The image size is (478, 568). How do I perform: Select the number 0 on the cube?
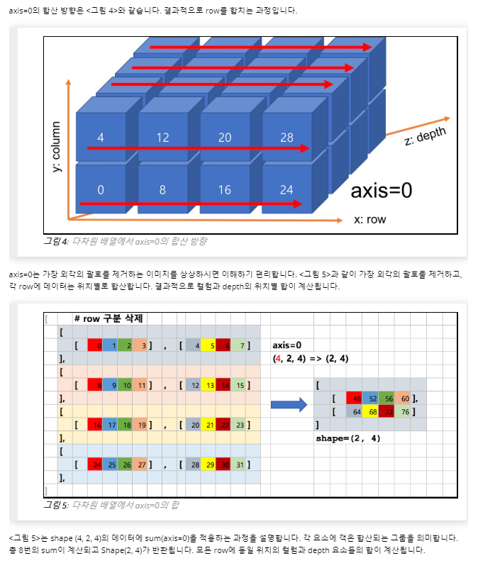click(100, 190)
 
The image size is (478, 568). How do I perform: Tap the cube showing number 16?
click(225, 190)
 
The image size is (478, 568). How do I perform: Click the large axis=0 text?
click(382, 190)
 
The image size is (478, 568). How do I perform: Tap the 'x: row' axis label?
click(369, 219)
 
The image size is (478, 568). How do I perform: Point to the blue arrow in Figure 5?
click(288, 405)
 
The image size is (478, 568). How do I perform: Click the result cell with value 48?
click(355, 399)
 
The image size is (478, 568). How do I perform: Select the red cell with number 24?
click(96, 464)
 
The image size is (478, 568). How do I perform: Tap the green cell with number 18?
click(126, 425)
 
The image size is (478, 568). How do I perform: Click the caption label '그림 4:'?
click(55, 241)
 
